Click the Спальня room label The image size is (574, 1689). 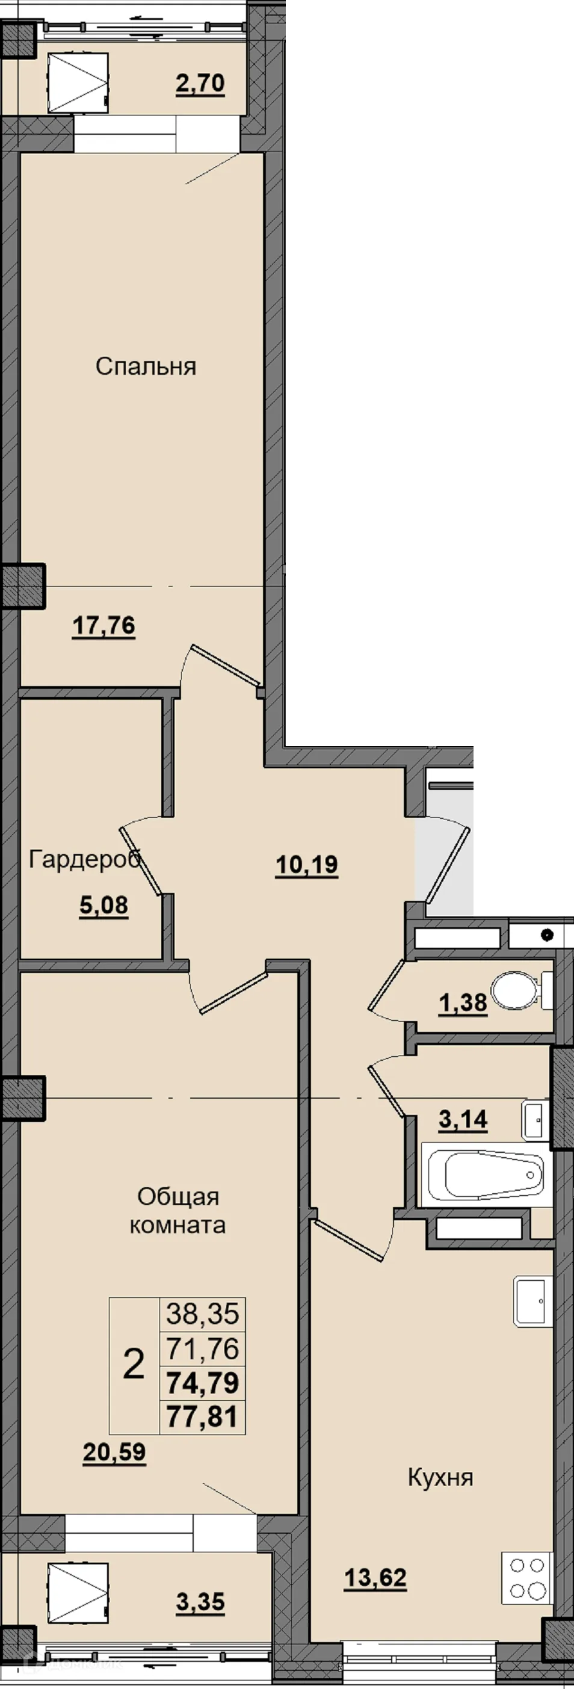click(x=146, y=366)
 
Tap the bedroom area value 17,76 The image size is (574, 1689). click(x=103, y=626)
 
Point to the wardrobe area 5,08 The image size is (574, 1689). click(x=103, y=906)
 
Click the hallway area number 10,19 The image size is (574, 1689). click(x=306, y=865)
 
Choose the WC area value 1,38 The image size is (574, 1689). click(x=463, y=1002)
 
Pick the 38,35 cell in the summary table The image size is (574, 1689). click(x=203, y=1314)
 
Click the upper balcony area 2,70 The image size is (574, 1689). click(x=200, y=84)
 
